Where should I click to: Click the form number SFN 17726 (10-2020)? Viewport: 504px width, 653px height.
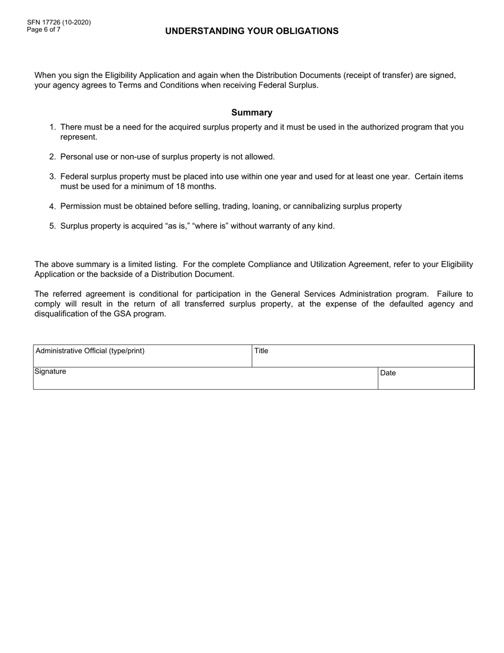pos(59,22)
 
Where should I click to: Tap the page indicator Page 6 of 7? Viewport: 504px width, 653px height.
pos(44,30)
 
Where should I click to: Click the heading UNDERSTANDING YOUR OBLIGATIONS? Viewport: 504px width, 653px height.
pos(251,31)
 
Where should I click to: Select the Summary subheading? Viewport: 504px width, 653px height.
pos(251,113)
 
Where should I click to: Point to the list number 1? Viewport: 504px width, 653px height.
pos(52,127)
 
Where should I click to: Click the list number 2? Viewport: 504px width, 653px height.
pos(52,157)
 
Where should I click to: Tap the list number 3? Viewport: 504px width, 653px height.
pos(52,177)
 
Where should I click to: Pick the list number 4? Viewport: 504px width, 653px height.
pos(52,207)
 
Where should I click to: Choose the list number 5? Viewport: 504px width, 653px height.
pos(52,226)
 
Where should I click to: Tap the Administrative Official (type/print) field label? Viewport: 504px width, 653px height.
pos(90,351)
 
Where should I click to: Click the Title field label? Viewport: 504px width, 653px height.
pos(262,351)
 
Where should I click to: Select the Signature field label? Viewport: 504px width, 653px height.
pos(50,372)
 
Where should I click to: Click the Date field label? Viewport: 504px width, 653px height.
pos(388,373)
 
